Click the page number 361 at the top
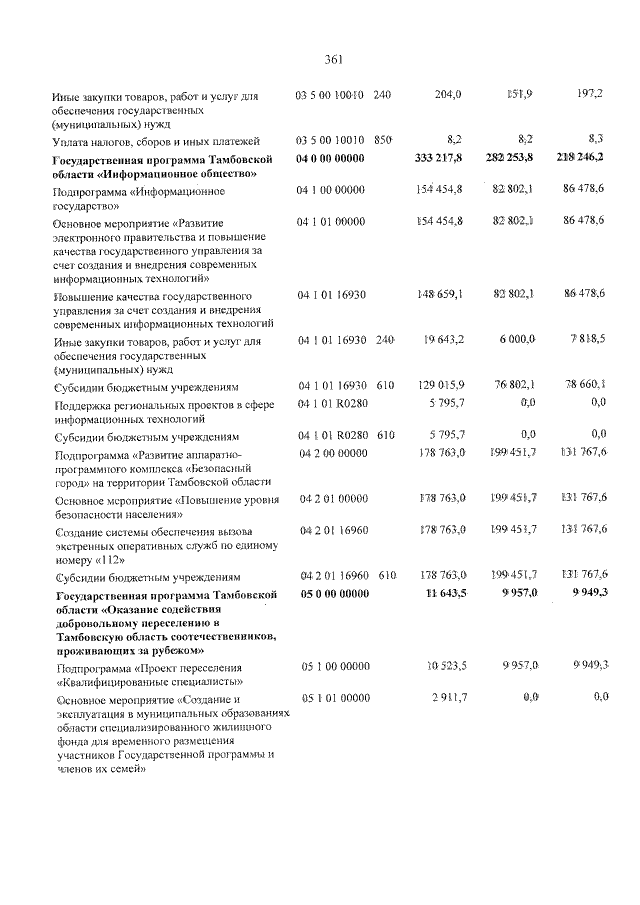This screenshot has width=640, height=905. coord(334,57)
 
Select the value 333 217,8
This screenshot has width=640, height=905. coord(438,158)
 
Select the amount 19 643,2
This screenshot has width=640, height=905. coord(443,341)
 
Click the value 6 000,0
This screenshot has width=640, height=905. coord(518,341)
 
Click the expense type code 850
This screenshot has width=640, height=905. coord(384,142)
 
